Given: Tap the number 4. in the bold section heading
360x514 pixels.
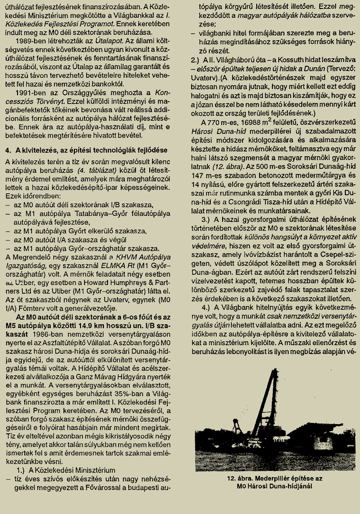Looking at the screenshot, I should coord(8,150).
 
